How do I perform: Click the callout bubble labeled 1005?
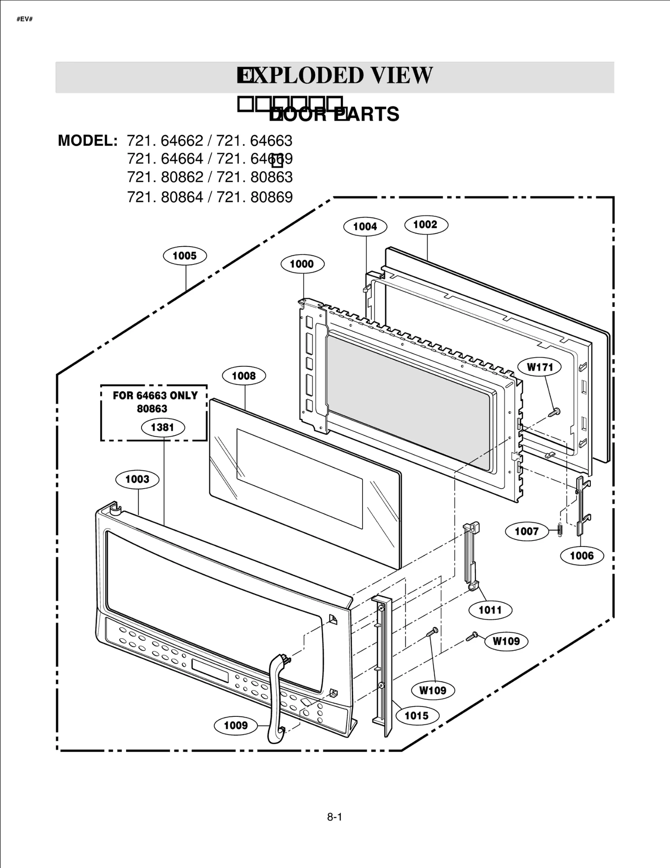point(185,256)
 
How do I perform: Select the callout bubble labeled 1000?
point(301,264)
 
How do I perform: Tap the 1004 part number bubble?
point(365,227)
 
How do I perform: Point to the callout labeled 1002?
point(426,224)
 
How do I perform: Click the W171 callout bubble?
point(540,367)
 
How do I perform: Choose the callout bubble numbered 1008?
point(244,376)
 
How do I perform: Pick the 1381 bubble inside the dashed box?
point(162,427)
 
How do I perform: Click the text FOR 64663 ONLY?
point(155,396)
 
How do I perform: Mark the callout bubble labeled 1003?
point(137,479)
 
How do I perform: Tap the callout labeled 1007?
point(526,531)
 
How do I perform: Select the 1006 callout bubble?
point(582,556)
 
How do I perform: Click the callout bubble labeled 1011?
point(490,610)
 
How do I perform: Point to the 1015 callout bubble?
point(417,716)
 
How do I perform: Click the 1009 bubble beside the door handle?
point(236,725)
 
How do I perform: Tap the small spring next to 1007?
point(560,530)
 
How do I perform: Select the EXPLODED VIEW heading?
point(335,76)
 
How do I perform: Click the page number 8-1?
point(335,817)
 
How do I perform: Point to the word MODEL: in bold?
point(88,141)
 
